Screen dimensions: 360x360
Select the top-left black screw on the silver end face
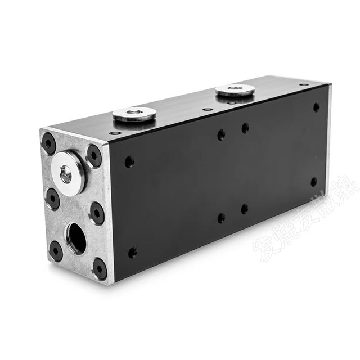pyautogui.click(x=49, y=144)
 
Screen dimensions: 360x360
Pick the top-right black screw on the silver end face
pyautogui.click(x=94, y=155)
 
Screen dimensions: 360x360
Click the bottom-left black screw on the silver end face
pyautogui.click(x=56, y=250)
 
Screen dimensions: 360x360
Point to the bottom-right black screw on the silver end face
pyautogui.click(x=100, y=268)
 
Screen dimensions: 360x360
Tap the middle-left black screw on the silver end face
pyautogui.click(x=52, y=198)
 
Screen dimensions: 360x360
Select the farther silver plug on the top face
pyautogui.click(x=235, y=89)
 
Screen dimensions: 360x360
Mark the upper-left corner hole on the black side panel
pyautogui.click(x=129, y=162)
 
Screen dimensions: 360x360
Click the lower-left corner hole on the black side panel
pyautogui.click(x=133, y=253)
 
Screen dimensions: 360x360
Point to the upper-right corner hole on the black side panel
pyautogui.click(x=316, y=107)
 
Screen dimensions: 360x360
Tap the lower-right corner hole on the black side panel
pyautogui.click(x=314, y=182)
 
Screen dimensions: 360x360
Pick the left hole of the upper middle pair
pyautogui.click(x=221, y=135)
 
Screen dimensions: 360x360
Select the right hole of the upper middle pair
pyautogui.click(x=245, y=128)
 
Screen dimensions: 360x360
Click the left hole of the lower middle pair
pyautogui.click(x=221, y=218)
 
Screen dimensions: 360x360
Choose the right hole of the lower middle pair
pyautogui.click(x=245, y=209)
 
